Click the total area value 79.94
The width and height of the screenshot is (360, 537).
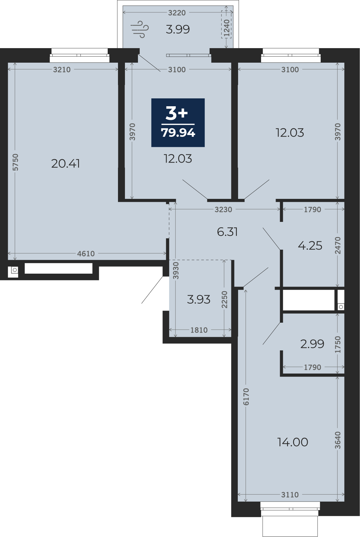[178, 133]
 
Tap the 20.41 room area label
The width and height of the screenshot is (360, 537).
[66, 163]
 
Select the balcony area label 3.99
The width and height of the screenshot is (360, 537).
[178, 29]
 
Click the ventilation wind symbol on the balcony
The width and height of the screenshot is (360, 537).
[139, 29]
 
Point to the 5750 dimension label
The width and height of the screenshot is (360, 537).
[15, 162]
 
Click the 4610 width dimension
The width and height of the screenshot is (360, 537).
[86, 254]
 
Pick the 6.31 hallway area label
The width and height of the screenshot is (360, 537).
[227, 232]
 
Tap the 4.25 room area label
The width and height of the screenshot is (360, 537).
[310, 245]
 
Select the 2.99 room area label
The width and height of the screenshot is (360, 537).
[312, 344]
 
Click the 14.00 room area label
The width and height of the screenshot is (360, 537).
[293, 442]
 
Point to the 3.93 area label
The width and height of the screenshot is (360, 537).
[199, 299]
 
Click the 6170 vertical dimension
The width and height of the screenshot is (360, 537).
[246, 397]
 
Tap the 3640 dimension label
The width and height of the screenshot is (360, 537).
[338, 440]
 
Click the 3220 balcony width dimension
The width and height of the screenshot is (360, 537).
[177, 13]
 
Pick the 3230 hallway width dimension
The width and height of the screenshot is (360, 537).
[223, 209]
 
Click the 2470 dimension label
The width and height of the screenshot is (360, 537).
[338, 245]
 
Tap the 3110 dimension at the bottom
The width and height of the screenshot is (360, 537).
[290, 495]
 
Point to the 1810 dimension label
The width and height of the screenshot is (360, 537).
[199, 330]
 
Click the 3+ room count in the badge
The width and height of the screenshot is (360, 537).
[177, 113]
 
